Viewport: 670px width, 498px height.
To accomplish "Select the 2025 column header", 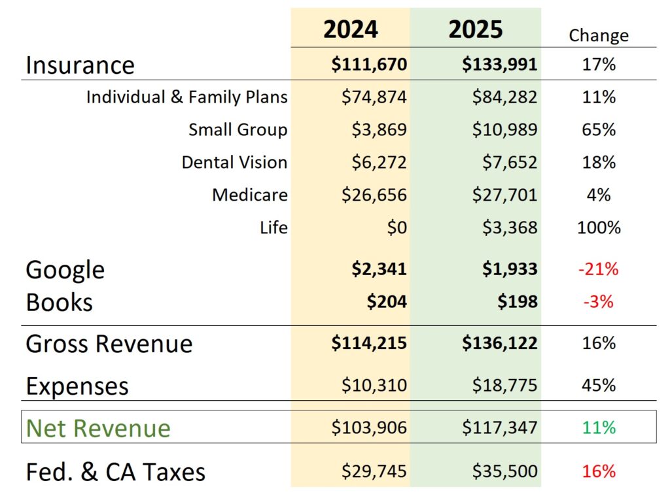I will tap(476, 29).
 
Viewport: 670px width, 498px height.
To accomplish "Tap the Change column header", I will tap(598, 35).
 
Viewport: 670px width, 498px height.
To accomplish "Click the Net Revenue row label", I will tap(98, 428).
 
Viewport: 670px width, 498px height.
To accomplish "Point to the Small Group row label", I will tap(238, 130).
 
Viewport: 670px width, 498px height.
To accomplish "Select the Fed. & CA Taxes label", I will tap(115, 472).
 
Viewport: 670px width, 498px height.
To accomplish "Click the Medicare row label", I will tap(249, 195).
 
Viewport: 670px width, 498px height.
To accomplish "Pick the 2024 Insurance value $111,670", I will tap(369, 65).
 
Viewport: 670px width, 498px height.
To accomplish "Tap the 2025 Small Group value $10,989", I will tap(504, 130).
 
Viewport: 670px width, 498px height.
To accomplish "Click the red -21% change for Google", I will tap(598, 269).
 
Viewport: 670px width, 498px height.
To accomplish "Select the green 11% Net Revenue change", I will tap(598, 428).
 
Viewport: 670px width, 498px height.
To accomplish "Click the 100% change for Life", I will tap(598, 228).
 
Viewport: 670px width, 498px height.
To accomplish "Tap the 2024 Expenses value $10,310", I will tap(374, 386).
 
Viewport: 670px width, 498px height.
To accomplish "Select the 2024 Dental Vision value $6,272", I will tap(378, 163).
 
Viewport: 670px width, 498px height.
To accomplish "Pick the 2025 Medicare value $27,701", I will tap(504, 195).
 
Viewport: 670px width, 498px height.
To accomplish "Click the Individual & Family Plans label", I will tap(186, 97).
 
